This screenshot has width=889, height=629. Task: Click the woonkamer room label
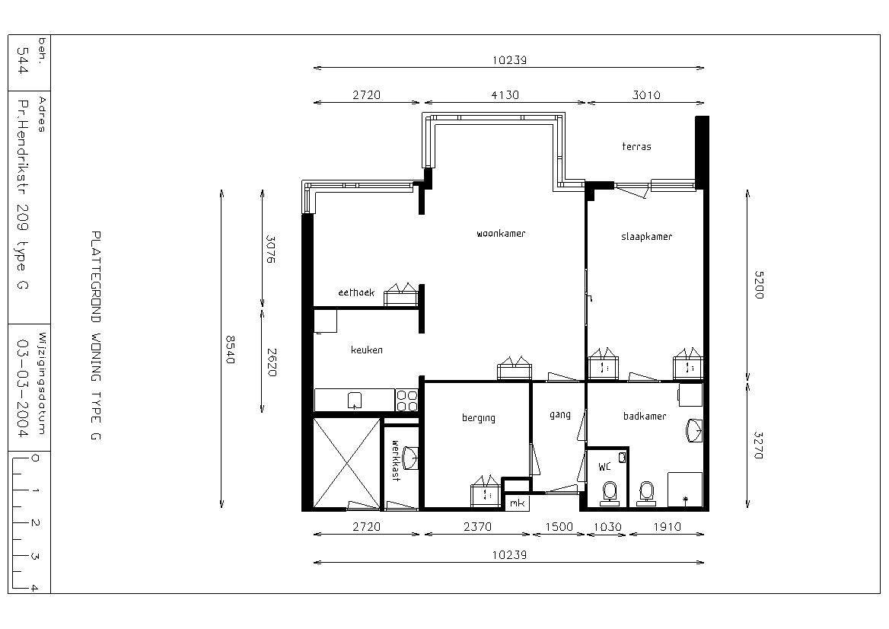tap(501, 233)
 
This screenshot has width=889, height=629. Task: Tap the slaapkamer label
tap(646, 237)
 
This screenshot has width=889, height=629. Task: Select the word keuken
tap(367, 350)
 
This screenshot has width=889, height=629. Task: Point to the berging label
tap(479, 418)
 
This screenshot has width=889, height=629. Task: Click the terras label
tap(637, 146)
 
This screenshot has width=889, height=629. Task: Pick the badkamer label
tap(645, 417)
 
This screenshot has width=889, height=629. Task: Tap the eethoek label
tap(356, 292)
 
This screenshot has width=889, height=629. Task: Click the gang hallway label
tap(559, 414)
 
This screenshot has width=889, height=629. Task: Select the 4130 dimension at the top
tap(505, 94)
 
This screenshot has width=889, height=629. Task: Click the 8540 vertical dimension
tap(230, 350)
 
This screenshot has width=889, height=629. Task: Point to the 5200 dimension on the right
tap(759, 284)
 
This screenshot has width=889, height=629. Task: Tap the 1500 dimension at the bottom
tap(559, 526)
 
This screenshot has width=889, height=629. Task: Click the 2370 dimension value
tap(477, 526)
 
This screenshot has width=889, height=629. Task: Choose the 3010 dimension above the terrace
tap(646, 94)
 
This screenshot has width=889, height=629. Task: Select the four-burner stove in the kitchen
tap(406, 401)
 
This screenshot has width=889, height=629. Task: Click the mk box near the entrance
tap(517, 503)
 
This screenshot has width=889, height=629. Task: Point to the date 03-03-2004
tap(23, 388)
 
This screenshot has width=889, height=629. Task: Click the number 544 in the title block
tap(23, 60)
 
